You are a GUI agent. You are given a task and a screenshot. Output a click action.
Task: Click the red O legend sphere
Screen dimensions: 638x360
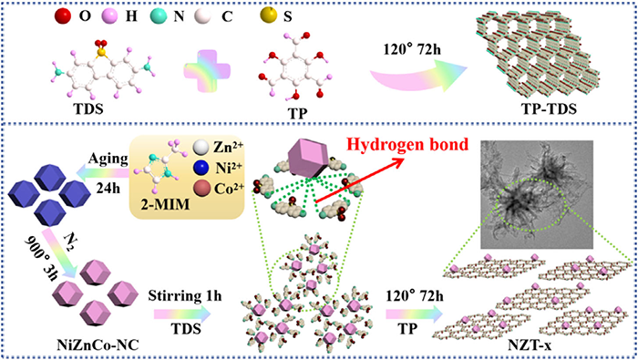tap(63, 15)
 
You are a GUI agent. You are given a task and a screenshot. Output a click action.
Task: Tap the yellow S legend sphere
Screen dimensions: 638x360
tap(269, 15)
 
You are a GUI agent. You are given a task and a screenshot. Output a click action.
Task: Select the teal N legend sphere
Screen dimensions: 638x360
tap(159, 15)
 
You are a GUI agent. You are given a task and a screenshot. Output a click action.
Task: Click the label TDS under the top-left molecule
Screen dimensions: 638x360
tap(87, 110)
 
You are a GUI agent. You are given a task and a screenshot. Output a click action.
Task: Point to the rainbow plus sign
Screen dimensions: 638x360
tap(207, 70)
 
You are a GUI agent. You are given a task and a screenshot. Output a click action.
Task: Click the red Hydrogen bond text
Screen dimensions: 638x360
tap(406, 144)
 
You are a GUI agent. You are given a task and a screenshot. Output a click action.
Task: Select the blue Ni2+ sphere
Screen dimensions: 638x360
tap(201, 167)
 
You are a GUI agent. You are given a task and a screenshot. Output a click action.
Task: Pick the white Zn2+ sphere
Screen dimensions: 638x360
tap(201, 147)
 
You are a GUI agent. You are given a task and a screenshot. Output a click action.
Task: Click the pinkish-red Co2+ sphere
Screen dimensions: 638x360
tap(201, 188)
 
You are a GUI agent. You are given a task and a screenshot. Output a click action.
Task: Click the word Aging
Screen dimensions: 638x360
tap(108, 159)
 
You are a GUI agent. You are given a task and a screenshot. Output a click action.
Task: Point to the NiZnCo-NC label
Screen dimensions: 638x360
tap(98, 345)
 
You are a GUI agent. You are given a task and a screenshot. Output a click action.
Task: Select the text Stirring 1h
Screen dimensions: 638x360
tap(185, 295)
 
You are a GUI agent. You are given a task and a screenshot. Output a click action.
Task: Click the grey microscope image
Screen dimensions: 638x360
tap(537, 194)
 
